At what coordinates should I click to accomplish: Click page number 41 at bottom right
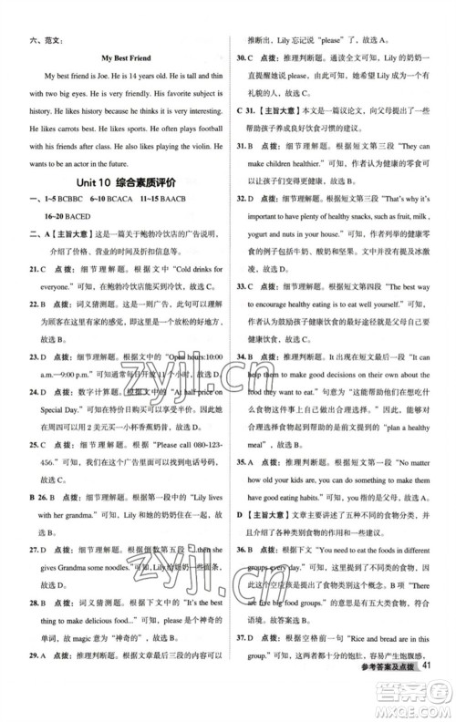pyautogui.click(x=430, y=697)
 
